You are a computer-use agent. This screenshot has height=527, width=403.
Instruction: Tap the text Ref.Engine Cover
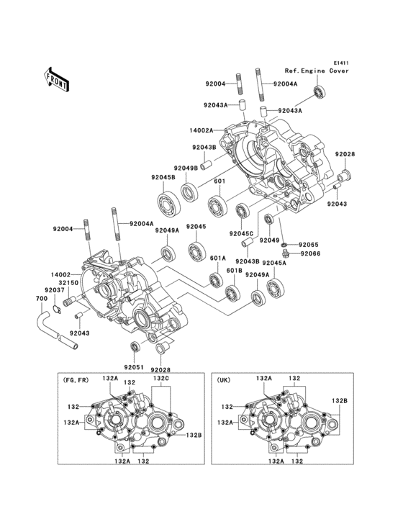point(317,71)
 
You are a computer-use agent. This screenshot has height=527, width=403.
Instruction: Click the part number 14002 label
point(60,274)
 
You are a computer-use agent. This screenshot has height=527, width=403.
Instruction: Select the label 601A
point(218,258)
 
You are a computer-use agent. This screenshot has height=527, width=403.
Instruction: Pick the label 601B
point(234,271)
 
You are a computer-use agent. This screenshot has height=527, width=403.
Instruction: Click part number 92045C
point(243,233)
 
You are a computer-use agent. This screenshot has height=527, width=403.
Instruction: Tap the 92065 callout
point(309,245)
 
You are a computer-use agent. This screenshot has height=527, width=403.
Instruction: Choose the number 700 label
point(41,298)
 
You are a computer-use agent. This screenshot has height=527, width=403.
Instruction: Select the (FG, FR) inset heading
point(75,378)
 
